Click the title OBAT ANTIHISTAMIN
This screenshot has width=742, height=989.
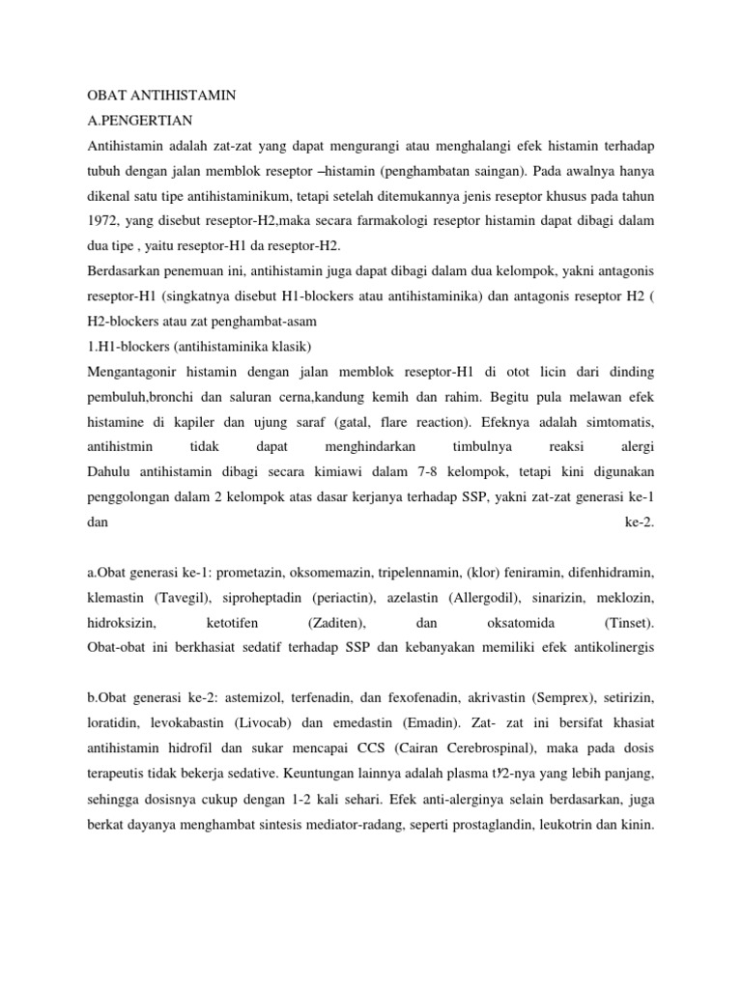(161, 97)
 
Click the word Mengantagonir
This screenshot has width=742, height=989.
(133, 373)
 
